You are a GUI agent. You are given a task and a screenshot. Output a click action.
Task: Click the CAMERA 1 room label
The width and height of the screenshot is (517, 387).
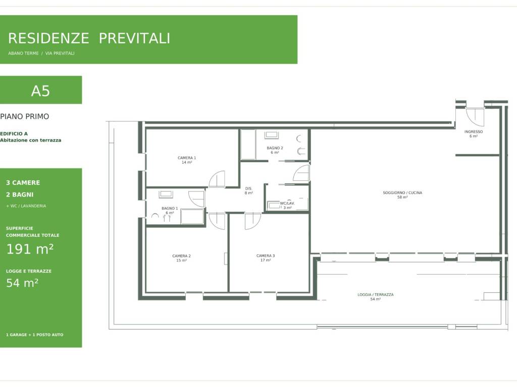pyautogui.click(x=187, y=160)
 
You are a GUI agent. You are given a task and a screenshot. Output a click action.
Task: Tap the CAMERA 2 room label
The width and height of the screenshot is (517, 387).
pyautogui.click(x=181, y=258)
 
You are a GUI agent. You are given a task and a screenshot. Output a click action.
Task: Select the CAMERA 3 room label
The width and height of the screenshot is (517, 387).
pyautogui.click(x=266, y=257)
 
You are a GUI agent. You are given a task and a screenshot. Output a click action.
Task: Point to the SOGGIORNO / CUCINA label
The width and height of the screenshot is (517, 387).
pyautogui.click(x=402, y=195)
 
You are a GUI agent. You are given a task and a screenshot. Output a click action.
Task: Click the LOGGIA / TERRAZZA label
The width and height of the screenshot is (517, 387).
pyautogui.click(x=375, y=297)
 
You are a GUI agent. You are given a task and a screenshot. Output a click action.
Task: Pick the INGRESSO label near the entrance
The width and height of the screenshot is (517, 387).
pyautogui.click(x=474, y=134)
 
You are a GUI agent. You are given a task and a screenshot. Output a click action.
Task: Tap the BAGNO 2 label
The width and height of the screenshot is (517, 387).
pyautogui.click(x=275, y=150)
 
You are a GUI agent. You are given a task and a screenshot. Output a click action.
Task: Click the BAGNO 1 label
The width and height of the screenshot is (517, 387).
pyautogui.click(x=170, y=211)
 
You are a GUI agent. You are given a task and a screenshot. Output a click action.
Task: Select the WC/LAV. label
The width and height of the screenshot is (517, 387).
pyautogui.click(x=287, y=206)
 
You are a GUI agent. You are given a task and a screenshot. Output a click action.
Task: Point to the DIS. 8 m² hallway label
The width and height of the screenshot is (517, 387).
pyautogui.click(x=248, y=191)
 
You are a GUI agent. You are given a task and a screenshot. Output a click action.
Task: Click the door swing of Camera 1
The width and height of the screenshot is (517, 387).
pyautogui.click(x=217, y=179)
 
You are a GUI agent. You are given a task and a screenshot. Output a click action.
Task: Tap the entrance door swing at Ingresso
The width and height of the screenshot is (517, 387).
pyautogui.click(x=475, y=117)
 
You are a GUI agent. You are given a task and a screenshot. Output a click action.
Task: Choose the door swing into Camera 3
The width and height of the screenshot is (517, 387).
pyautogui.click(x=252, y=221)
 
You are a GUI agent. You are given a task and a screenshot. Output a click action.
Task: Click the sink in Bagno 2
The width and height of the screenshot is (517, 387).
pyautogui.click(x=272, y=135)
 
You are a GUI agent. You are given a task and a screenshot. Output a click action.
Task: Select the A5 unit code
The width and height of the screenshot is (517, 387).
pyautogui.click(x=40, y=91)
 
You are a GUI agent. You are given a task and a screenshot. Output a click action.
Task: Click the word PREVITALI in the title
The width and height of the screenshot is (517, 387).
pyautogui.click(x=134, y=38)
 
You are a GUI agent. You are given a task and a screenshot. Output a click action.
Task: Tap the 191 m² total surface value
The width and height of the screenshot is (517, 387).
pyautogui.click(x=30, y=249)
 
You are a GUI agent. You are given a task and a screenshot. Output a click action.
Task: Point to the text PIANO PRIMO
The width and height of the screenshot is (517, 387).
pyautogui.click(x=24, y=116)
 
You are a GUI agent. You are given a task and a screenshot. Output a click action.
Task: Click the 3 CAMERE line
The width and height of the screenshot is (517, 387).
pyautogui.click(x=23, y=182)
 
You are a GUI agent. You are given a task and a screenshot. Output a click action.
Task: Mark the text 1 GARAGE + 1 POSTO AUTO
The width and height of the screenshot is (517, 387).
pyautogui.click(x=35, y=335)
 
